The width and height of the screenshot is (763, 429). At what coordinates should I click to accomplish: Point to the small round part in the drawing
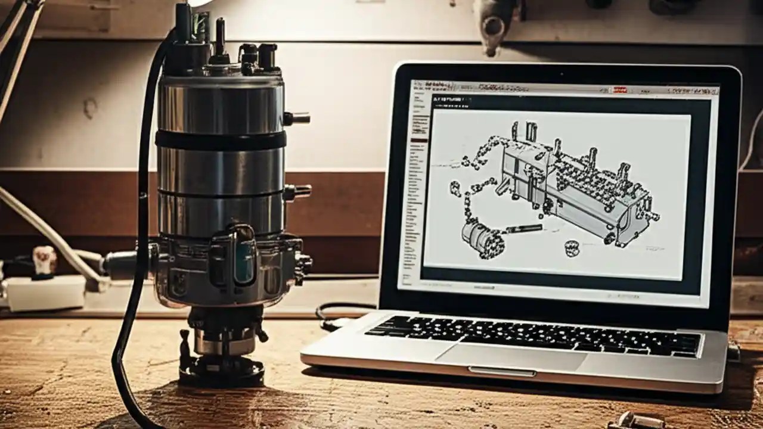572,247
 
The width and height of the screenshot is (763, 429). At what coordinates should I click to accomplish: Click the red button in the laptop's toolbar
620,89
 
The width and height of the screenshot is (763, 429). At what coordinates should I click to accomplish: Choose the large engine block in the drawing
572,185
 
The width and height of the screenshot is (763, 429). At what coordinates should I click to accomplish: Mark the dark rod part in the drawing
525,228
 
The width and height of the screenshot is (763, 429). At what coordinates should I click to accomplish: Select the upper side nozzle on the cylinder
297,118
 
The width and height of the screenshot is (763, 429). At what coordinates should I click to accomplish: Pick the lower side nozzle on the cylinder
298,192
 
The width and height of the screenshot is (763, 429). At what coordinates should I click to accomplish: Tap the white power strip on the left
45,292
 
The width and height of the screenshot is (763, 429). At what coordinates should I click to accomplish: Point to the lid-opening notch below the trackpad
502,372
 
